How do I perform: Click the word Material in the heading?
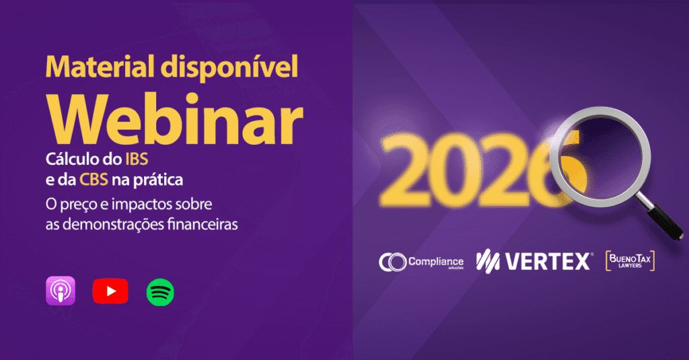click(100, 67)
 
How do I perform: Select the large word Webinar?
click(175, 119)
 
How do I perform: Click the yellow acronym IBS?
click(137, 159)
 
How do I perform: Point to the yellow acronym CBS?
click(94, 180)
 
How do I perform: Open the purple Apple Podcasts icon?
click(61, 291)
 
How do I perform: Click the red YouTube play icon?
click(110, 291)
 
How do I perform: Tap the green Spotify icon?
click(160, 292)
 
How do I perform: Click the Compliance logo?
click(421, 262)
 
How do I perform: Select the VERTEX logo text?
click(534, 261)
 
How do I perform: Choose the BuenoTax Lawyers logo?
click(630, 260)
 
